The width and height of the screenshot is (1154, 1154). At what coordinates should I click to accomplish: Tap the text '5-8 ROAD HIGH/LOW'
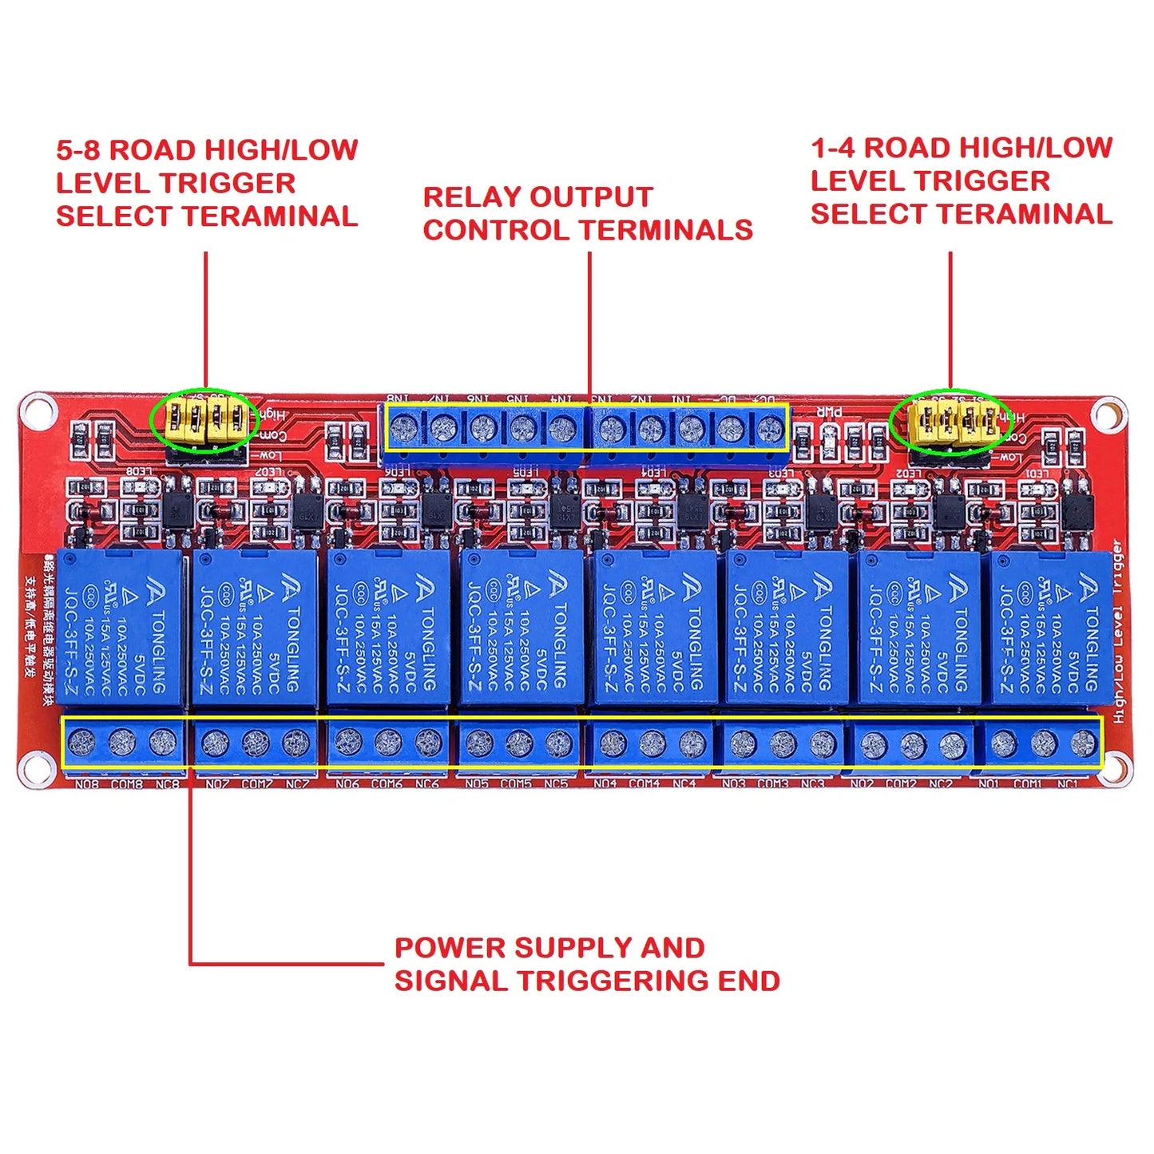click(x=207, y=150)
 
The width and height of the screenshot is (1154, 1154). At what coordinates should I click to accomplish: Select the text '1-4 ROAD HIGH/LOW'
click(x=962, y=148)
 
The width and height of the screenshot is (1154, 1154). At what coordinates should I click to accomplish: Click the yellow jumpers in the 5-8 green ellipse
click(x=204, y=420)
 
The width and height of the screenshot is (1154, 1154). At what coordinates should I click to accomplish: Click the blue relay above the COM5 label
click(x=520, y=628)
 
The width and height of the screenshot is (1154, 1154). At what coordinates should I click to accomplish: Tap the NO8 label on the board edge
click(x=86, y=784)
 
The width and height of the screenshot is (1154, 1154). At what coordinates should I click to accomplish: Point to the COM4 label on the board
click(x=644, y=784)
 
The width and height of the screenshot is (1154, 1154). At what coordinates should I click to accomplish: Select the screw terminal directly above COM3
click(x=783, y=744)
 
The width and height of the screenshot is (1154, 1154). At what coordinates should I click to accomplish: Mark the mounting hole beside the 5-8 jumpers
click(x=37, y=412)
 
